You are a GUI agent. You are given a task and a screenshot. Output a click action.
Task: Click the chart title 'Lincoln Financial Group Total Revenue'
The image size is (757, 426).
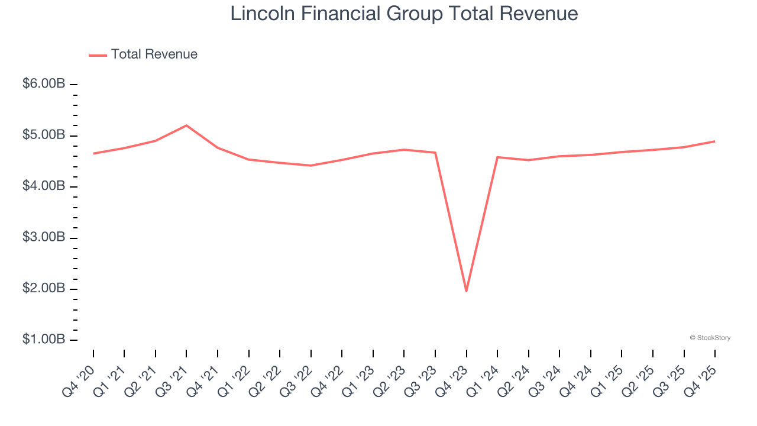pos(404,14)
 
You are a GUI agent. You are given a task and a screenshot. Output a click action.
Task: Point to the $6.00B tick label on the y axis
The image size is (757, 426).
pos(44,84)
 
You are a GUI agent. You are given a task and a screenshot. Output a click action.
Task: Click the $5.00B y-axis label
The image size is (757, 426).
pos(44,135)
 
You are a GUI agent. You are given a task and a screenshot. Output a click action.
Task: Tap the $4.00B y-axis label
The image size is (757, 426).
pos(44,186)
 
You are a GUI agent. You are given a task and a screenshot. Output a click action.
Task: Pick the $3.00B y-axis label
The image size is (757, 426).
pos(44,238)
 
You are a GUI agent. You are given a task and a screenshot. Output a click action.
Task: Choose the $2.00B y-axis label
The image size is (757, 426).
pos(44,289)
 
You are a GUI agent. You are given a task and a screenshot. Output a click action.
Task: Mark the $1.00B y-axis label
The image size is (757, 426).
pos(44,340)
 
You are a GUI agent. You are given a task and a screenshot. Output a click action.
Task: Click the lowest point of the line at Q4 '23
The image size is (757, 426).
pos(466,291)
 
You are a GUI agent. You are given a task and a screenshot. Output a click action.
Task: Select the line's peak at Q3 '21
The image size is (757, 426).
pos(186,125)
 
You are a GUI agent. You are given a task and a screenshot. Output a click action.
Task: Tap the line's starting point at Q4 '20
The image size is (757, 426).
pos(93,153)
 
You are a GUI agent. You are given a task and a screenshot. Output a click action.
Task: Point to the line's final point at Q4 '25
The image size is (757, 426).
pos(714,141)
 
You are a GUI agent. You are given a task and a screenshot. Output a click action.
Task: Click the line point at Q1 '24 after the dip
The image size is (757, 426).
pos(497,157)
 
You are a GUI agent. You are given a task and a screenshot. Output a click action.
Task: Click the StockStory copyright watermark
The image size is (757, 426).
pos(710,338)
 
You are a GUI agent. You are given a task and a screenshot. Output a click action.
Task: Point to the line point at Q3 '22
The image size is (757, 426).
pos(311,165)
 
